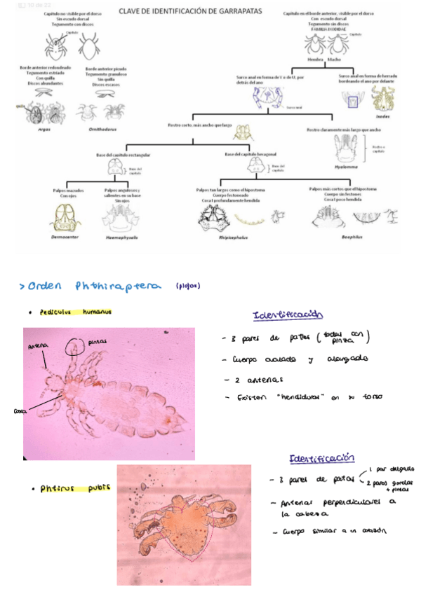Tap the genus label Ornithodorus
101,129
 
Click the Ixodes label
382,118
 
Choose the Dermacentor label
65,237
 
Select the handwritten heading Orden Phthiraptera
98,286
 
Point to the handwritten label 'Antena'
38,346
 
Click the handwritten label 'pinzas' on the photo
99,341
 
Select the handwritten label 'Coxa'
19,412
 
